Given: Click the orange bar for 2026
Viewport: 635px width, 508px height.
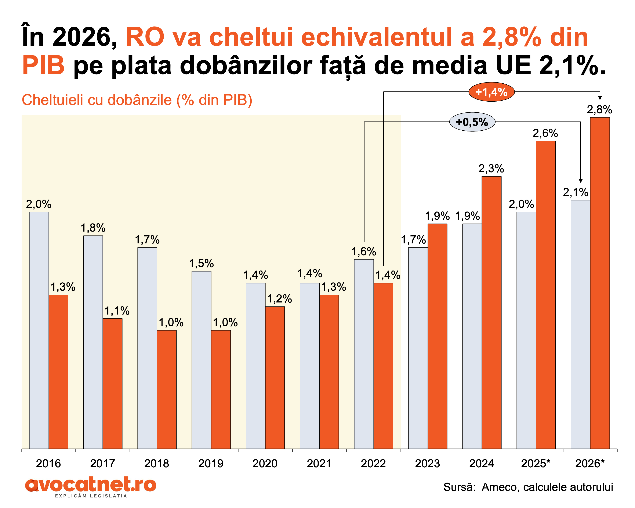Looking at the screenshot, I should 600,283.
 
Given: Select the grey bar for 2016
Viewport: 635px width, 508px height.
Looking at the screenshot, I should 39,330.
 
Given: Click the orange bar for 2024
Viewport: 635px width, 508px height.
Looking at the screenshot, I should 491,312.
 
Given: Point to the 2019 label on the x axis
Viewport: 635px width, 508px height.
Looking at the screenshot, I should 211,464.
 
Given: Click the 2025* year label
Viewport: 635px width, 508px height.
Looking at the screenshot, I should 536,464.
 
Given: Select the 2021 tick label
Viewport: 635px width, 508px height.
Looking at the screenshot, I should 319,464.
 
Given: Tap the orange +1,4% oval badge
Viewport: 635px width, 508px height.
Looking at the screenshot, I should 491,92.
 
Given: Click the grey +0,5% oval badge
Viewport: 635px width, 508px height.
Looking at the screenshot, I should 472,122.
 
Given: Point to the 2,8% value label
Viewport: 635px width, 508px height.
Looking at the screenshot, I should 599,110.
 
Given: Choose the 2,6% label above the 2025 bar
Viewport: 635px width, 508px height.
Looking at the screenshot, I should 545,133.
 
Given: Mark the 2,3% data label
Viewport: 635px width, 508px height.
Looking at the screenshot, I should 491,169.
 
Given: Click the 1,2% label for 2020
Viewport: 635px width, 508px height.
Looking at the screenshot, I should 279,299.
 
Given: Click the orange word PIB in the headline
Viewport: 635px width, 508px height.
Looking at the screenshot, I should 43,65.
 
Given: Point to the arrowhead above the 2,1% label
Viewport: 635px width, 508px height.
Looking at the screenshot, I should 581,181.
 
